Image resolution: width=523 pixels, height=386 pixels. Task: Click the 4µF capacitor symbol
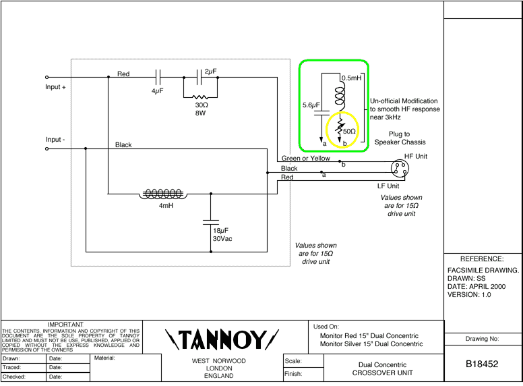point(158,77)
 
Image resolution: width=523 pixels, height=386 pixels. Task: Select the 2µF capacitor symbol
point(200,77)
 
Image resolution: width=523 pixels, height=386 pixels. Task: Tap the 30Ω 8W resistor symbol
point(201,96)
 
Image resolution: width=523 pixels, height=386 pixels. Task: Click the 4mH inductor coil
point(163,194)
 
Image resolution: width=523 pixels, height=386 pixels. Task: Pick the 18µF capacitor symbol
point(211,220)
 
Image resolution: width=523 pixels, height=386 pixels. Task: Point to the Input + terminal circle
point(47,78)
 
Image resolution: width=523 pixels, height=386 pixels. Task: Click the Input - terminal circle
point(47,148)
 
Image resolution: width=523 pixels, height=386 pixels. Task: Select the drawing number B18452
point(482,364)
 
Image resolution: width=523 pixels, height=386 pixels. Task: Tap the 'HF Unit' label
point(416,156)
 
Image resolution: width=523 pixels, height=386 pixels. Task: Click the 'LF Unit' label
point(388,186)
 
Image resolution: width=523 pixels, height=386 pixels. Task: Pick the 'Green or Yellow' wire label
point(306,159)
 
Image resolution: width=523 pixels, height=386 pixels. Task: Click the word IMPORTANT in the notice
point(65,325)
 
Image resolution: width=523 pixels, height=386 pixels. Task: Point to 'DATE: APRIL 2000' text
point(477,286)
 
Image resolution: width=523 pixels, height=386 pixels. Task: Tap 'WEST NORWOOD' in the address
point(219,361)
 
